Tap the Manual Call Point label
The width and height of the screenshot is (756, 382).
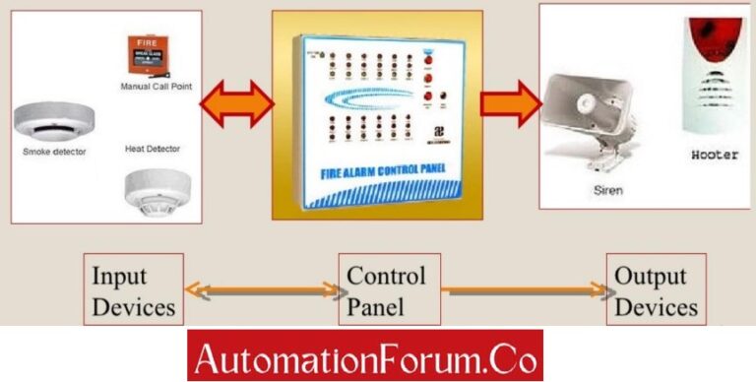click(156, 87)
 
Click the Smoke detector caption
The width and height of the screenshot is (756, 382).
click(54, 153)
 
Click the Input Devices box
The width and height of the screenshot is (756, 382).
click(133, 290)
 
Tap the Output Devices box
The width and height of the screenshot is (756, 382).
click(656, 290)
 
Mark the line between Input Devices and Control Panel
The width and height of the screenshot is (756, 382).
click(261, 290)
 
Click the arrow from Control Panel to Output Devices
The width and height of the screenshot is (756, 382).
click(523, 290)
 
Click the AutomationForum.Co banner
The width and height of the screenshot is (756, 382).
click(365, 355)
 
